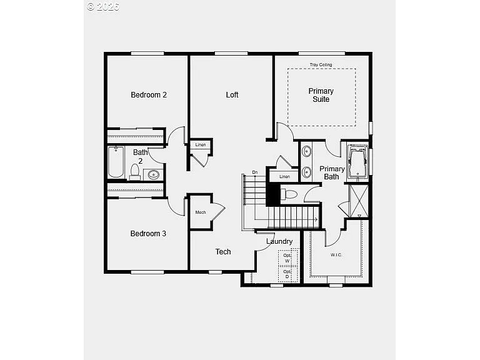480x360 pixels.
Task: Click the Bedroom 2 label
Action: click(148, 95)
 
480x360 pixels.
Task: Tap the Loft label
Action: click(232, 95)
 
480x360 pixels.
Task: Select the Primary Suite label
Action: click(321, 95)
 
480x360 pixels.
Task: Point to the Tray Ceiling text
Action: click(321, 65)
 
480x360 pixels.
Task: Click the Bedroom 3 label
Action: click(148, 234)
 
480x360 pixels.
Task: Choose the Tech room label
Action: click(223, 252)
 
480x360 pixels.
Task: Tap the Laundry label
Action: click(279, 241)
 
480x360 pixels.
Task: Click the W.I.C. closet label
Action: click(336, 254)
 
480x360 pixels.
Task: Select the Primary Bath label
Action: click(332, 172)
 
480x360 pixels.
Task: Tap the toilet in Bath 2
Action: click(135, 171)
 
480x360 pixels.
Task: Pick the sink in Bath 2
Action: click(154, 174)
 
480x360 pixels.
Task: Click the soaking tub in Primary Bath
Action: click(357, 162)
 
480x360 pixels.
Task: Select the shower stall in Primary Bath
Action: click(358, 200)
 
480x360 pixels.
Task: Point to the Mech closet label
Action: click(201, 212)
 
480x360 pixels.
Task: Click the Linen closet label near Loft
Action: click(200, 145)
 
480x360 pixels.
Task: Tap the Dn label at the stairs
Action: click(255, 172)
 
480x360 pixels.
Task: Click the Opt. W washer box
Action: click(287, 258)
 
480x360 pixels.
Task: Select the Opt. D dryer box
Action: click(287, 274)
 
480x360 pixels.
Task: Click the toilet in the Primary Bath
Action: click(289, 194)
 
